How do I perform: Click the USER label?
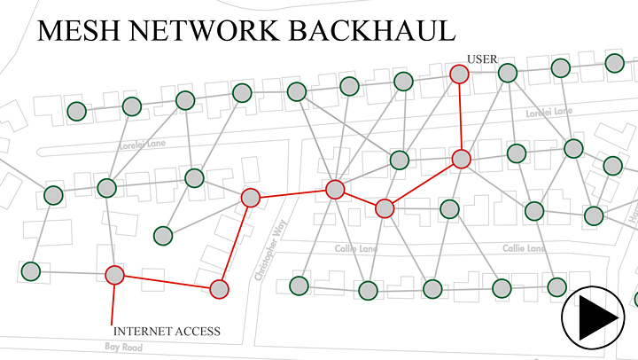tap(482, 59)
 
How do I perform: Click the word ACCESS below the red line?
tap(193, 332)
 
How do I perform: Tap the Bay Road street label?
tap(123, 347)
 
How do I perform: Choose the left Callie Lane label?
tap(355, 249)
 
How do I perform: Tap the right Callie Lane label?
tap(524, 249)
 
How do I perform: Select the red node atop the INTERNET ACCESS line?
tap(114, 275)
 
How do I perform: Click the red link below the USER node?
tap(460, 115)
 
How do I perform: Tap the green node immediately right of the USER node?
tap(507, 73)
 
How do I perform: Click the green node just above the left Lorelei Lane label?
tap(132, 107)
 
